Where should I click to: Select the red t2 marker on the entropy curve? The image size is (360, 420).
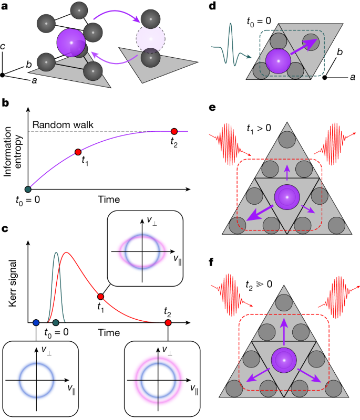click(x=174, y=131)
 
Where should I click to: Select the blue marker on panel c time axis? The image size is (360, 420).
click(x=36, y=322)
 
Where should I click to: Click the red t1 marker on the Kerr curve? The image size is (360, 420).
click(x=101, y=297)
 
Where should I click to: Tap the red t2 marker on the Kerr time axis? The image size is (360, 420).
click(x=168, y=322)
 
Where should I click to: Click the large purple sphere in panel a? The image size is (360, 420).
click(x=71, y=44)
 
